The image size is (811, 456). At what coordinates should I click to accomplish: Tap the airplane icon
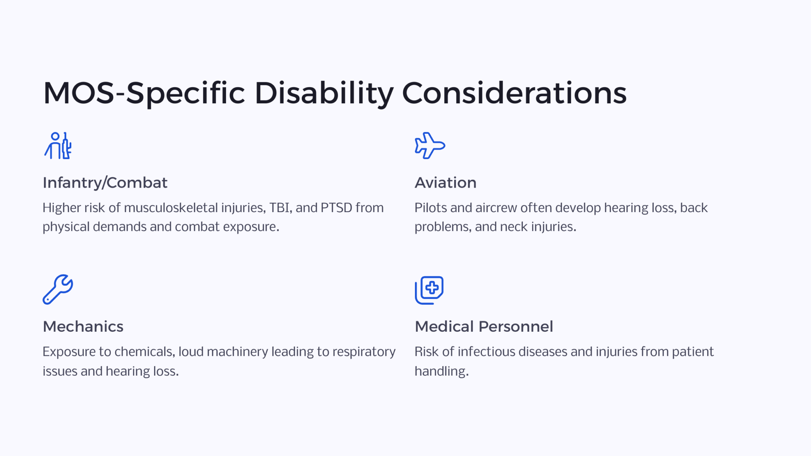coord(430,146)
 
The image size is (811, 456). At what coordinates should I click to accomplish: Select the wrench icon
coord(58,289)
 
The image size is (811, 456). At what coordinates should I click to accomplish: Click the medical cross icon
coord(429,290)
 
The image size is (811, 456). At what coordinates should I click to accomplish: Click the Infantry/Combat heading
coord(105,183)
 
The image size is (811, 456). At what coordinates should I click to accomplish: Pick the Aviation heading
coord(445,183)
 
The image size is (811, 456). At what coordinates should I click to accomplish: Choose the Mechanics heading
coord(83,327)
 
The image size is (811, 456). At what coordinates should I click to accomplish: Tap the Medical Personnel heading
coord(484,327)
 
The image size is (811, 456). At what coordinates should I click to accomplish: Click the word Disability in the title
coord(324,94)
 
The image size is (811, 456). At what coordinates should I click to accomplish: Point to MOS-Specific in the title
coord(144,94)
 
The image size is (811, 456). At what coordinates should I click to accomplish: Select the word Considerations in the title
coord(514,93)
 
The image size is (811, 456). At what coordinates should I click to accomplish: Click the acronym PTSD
coord(336,208)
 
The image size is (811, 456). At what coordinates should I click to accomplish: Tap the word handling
coord(442,371)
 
